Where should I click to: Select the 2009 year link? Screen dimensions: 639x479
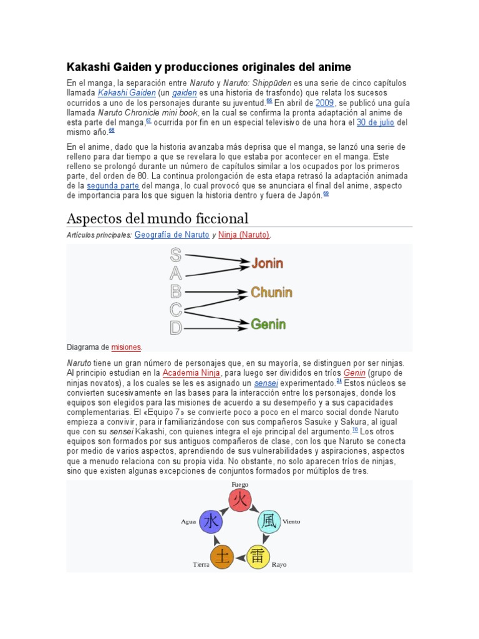point(325,103)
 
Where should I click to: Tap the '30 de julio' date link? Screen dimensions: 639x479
point(375,122)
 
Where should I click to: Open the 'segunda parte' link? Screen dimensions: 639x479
point(113,186)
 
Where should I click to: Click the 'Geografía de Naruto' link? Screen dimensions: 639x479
point(172,235)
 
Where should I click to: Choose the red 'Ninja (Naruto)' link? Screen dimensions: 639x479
point(244,235)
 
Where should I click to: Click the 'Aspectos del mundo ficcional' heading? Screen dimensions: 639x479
point(157,218)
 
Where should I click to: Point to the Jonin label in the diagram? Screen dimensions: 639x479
point(267,263)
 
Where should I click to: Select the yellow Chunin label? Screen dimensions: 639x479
point(271,293)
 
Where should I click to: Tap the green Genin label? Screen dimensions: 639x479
point(268,324)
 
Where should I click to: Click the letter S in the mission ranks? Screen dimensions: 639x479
point(176,255)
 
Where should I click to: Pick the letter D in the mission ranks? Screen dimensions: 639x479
point(176,328)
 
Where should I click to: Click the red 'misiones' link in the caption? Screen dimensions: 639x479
point(126,347)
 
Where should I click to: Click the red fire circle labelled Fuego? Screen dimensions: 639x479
point(239,500)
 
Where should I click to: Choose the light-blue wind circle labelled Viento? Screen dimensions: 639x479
point(269,522)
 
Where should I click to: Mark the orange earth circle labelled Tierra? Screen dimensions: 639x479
point(222,556)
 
